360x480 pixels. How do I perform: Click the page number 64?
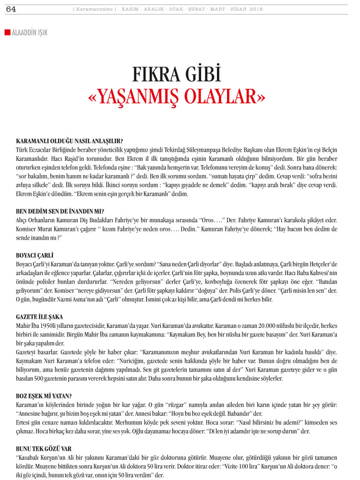tap(11, 9)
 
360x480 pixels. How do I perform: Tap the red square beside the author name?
tap(7, 32)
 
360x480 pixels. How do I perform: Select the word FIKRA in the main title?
tap(156, 75)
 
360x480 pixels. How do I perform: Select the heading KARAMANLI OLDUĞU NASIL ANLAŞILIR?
tap(69, 141)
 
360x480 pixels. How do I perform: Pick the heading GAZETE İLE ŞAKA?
tap(39, 317)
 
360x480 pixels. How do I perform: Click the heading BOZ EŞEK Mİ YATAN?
tap(44, 396)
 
